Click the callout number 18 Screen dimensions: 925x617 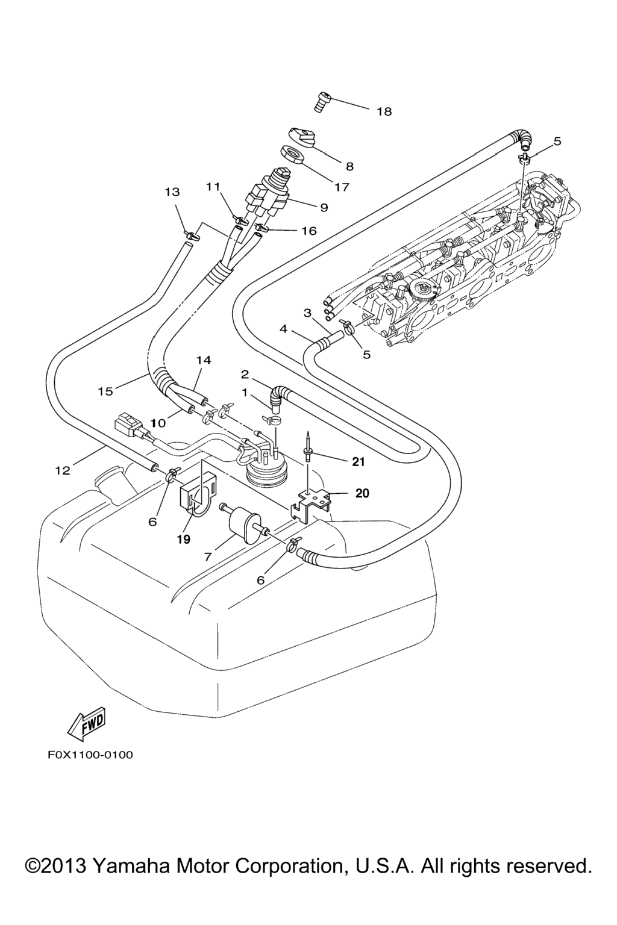(x=384, y=111)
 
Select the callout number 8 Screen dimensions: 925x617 (x=349, y=167)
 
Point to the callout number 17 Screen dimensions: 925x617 (x=342, y=187)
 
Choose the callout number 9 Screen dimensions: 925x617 (x=324, y=208)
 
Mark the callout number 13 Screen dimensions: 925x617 (x=172, y=192)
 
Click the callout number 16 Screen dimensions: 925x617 (x=308, y=231)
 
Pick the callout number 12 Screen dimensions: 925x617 (x=63, y=470)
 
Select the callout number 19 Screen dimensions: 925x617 (x=183, y=539)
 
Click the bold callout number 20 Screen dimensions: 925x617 (x=362, y=493)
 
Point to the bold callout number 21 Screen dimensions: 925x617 (x=359, y=462)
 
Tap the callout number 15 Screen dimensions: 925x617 (x=105, y=391)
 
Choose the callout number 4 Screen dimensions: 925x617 (x=283, y=329)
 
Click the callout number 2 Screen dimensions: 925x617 (x=245, y=375)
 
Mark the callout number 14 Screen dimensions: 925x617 (x=204, y=360)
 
